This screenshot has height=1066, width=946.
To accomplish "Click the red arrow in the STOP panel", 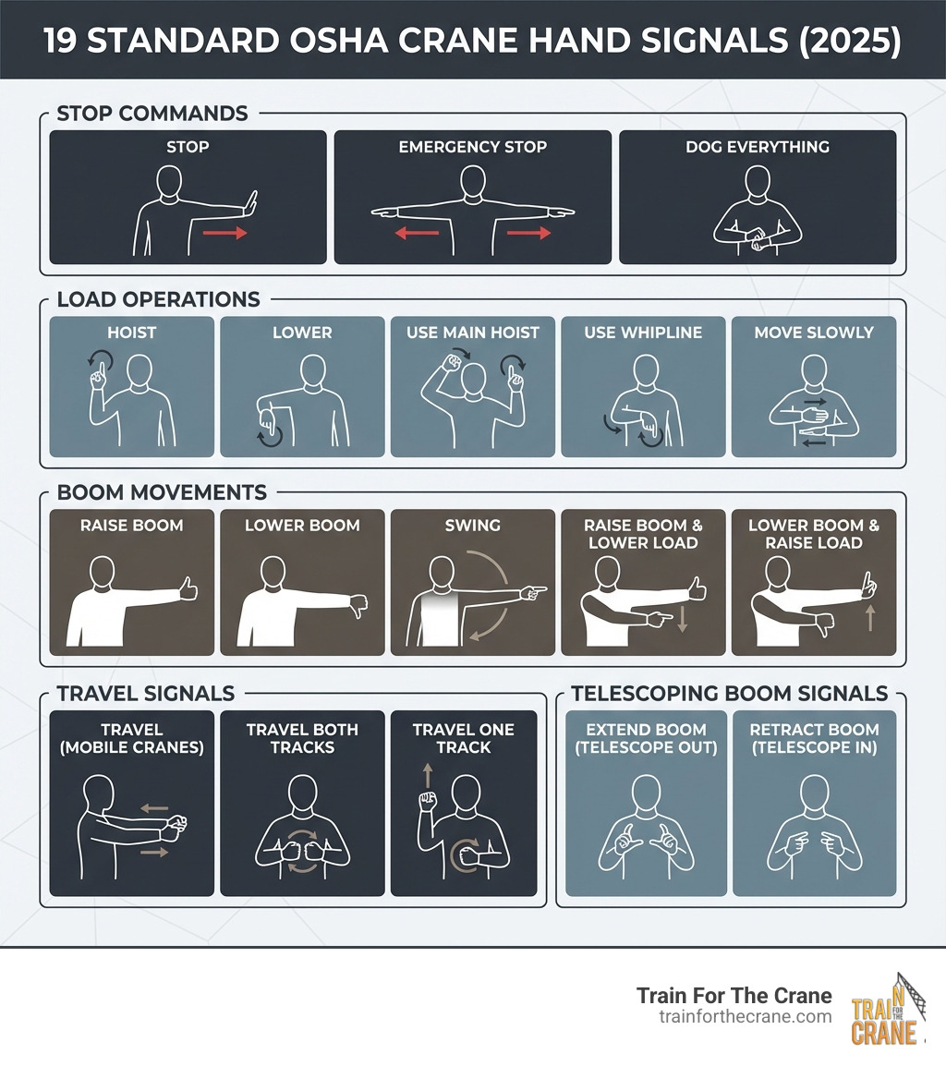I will [x=225, y=234].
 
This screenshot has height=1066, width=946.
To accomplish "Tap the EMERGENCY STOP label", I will [x=472, y=147].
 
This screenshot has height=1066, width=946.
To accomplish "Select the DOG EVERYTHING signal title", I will [x=757, y=147].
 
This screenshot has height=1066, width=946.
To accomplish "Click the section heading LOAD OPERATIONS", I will [x=158, y=299].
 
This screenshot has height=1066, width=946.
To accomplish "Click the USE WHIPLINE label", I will [x=643, y=333].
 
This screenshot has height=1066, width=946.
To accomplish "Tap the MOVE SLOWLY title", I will [x=813, y=333].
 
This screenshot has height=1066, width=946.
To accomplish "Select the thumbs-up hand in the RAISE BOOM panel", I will [x=188, y=588].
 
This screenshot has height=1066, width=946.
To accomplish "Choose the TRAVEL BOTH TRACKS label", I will [x=302, y=738].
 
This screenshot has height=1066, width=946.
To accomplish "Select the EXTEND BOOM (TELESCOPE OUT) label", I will [x=645, y=738].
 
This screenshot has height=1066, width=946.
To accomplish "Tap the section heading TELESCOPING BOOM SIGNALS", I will [x=730, y=693].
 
